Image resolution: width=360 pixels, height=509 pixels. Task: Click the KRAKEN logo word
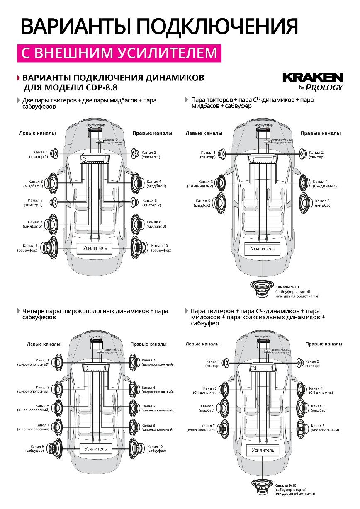pyautogui.click(x=313, y=78)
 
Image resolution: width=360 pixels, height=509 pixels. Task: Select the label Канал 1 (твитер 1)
pyautogui.click(x=39, y=155)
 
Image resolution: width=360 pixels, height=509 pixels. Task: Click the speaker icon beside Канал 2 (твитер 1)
pyautogui.click(x=135, y=154)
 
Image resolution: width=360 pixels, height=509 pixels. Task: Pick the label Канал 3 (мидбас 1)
pyautogui.click(x=36, y=184)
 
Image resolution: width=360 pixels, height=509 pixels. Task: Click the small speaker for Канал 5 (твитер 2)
pyautogui.click(x=54, y=202)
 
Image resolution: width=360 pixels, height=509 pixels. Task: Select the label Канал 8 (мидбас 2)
pyautogui.click(x=156, y=224)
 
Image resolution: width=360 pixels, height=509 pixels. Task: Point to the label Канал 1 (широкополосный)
pyautogui.click(x=33, y=362)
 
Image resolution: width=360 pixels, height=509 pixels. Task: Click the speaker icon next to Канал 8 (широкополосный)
pyautogui.click(x=134, y=427)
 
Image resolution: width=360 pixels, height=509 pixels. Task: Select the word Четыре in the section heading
pyautogui.click(x=33, y=311)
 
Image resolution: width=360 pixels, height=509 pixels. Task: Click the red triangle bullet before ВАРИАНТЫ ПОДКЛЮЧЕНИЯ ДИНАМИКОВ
pyautogui.click(x=18, y=78)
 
